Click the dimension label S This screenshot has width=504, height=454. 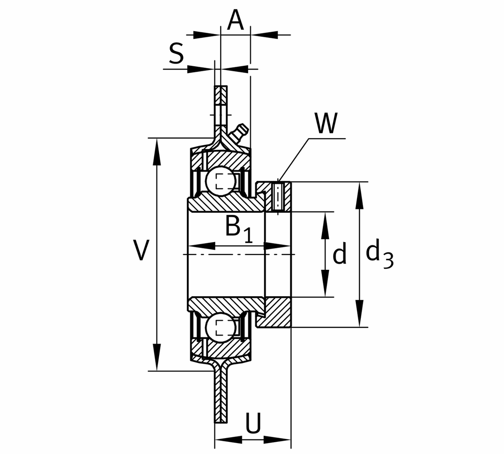point(176,54)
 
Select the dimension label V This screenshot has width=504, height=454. point(141,250)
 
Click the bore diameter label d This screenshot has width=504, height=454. point(339,255)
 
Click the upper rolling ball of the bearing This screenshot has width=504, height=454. point(221,181)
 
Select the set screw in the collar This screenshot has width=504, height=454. point(278,196)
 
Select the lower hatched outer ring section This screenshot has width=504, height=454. point(223,347)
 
